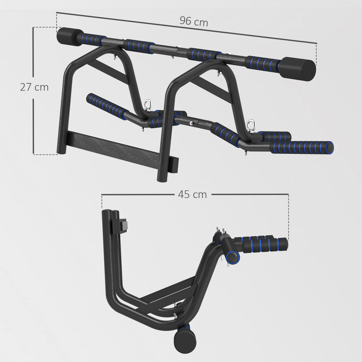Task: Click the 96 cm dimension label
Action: tap(194, 21)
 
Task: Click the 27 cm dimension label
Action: tap(34, 87)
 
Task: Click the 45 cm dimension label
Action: tap(192, 195)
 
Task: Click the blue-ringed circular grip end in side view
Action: tap(233, 257)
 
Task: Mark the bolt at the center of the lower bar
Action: tap(191, 123)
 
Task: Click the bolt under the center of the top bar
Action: tap(172, 57)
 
